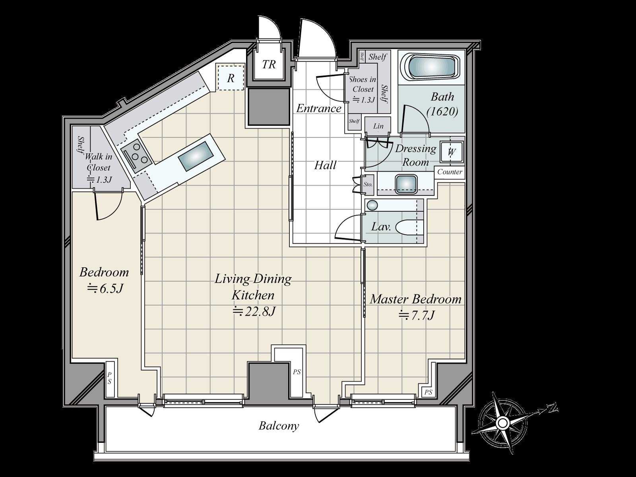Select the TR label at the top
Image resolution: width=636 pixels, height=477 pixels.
tap(269, 64)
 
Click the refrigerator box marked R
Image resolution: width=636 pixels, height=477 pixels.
tap(231, 78)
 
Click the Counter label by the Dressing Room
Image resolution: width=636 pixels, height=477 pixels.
tap(450, 172)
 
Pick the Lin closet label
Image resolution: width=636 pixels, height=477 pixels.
tap(378, 126)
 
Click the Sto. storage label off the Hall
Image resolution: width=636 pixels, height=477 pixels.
tap(368, 184)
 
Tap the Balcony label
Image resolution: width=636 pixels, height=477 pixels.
tap(279, 426)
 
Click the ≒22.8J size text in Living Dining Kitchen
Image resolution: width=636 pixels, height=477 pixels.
tap(254, 311)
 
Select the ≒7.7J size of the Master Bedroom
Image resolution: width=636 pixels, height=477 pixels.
tap(416, 315)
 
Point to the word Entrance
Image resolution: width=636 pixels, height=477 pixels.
tap(319, 108)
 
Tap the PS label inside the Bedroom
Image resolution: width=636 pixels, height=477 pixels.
tap(109, 378)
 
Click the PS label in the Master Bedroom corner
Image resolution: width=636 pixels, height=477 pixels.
tap(428, 392)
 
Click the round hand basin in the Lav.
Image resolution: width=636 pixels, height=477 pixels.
tap(372, 205)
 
